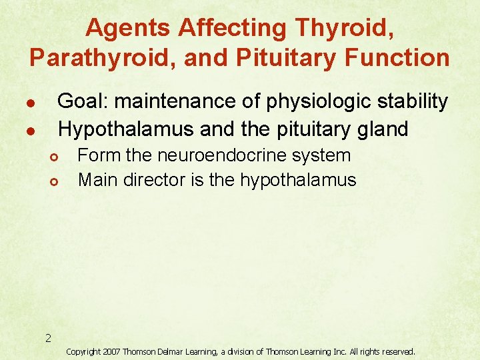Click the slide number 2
coord(48,338)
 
